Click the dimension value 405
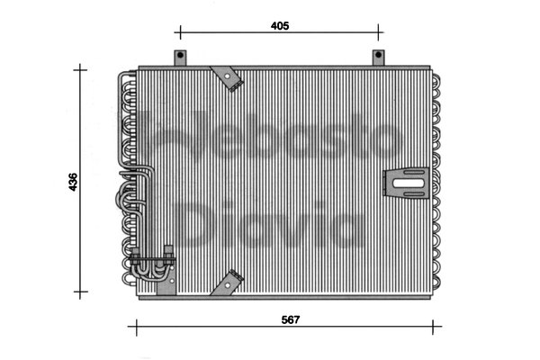(x=279, y=25)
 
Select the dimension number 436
(x=73, y=181)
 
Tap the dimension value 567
(x=288, y=319)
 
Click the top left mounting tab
(x=180, y=58)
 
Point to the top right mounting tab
(x=379, y=58)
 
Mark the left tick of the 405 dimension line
(x=179, y=33)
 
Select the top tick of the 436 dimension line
(x=81, y=67)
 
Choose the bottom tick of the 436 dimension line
(x=81, y=294)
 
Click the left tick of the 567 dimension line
(x=132, y=326)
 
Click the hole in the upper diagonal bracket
(x=237, y=86)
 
